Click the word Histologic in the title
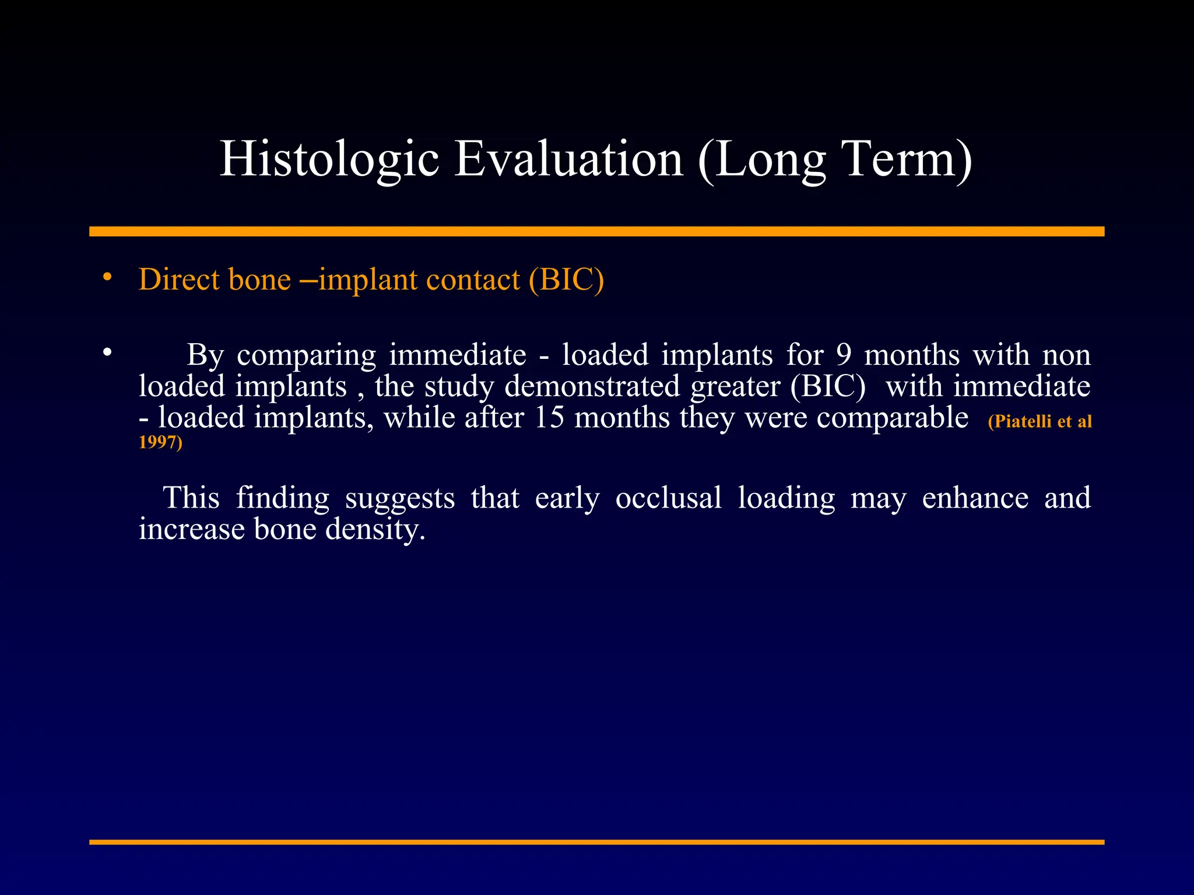click(329, 158)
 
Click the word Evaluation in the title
click(568, 158)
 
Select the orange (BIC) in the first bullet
click(566, 279)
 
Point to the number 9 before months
click(844, 355)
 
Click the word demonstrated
click(592, 386)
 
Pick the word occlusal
click(668, 498)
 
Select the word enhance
click(975, 498)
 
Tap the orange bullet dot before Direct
click(107, 278)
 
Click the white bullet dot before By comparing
click(107, 353)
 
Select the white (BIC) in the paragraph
click(828, 386)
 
